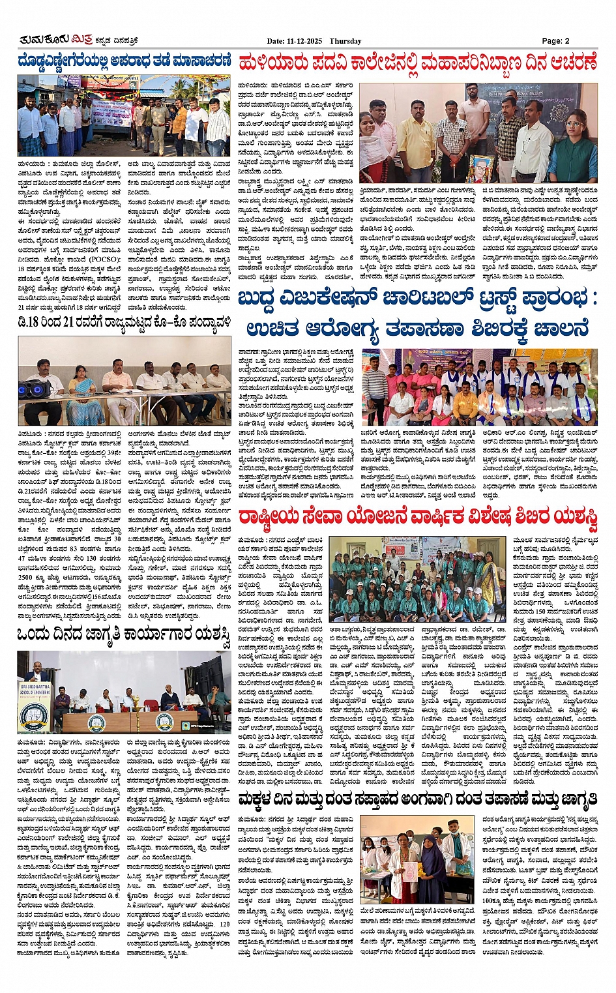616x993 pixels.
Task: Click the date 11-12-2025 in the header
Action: pos(306,41)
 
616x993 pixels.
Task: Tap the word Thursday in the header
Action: pos(345,41)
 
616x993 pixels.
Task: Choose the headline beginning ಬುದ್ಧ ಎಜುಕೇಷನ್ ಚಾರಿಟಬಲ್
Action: pos(417,300)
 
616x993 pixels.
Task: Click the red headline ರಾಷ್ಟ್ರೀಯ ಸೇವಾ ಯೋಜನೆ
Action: pos(417,518)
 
